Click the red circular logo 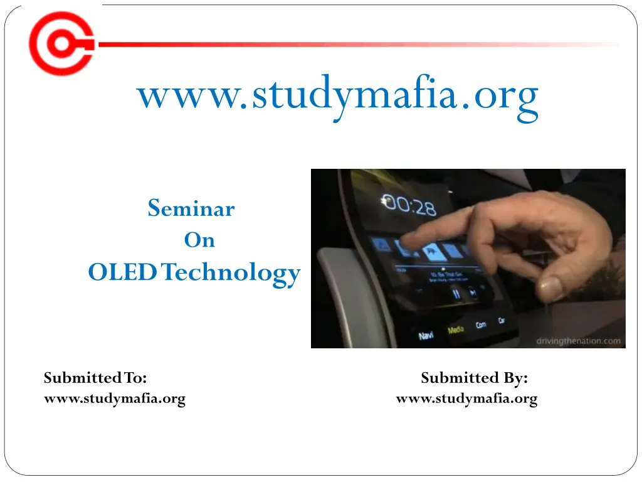[x=61, y=43]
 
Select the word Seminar [x=191, y=208]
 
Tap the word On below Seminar [x=199, y=240]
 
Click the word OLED [x=123, y=273]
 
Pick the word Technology [x=231, y=274]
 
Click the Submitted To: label [x=95, y=378]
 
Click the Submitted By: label [x=474, y=378]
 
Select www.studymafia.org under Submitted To [x=115, y=399]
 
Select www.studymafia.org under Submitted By [x=466, y=399]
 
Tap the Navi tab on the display [x=426, y=336]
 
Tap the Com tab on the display [x=481, y=325]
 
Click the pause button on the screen [x=456, y=293]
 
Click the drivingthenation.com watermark [x=578, y=341]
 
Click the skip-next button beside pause [x=473, y=292]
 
